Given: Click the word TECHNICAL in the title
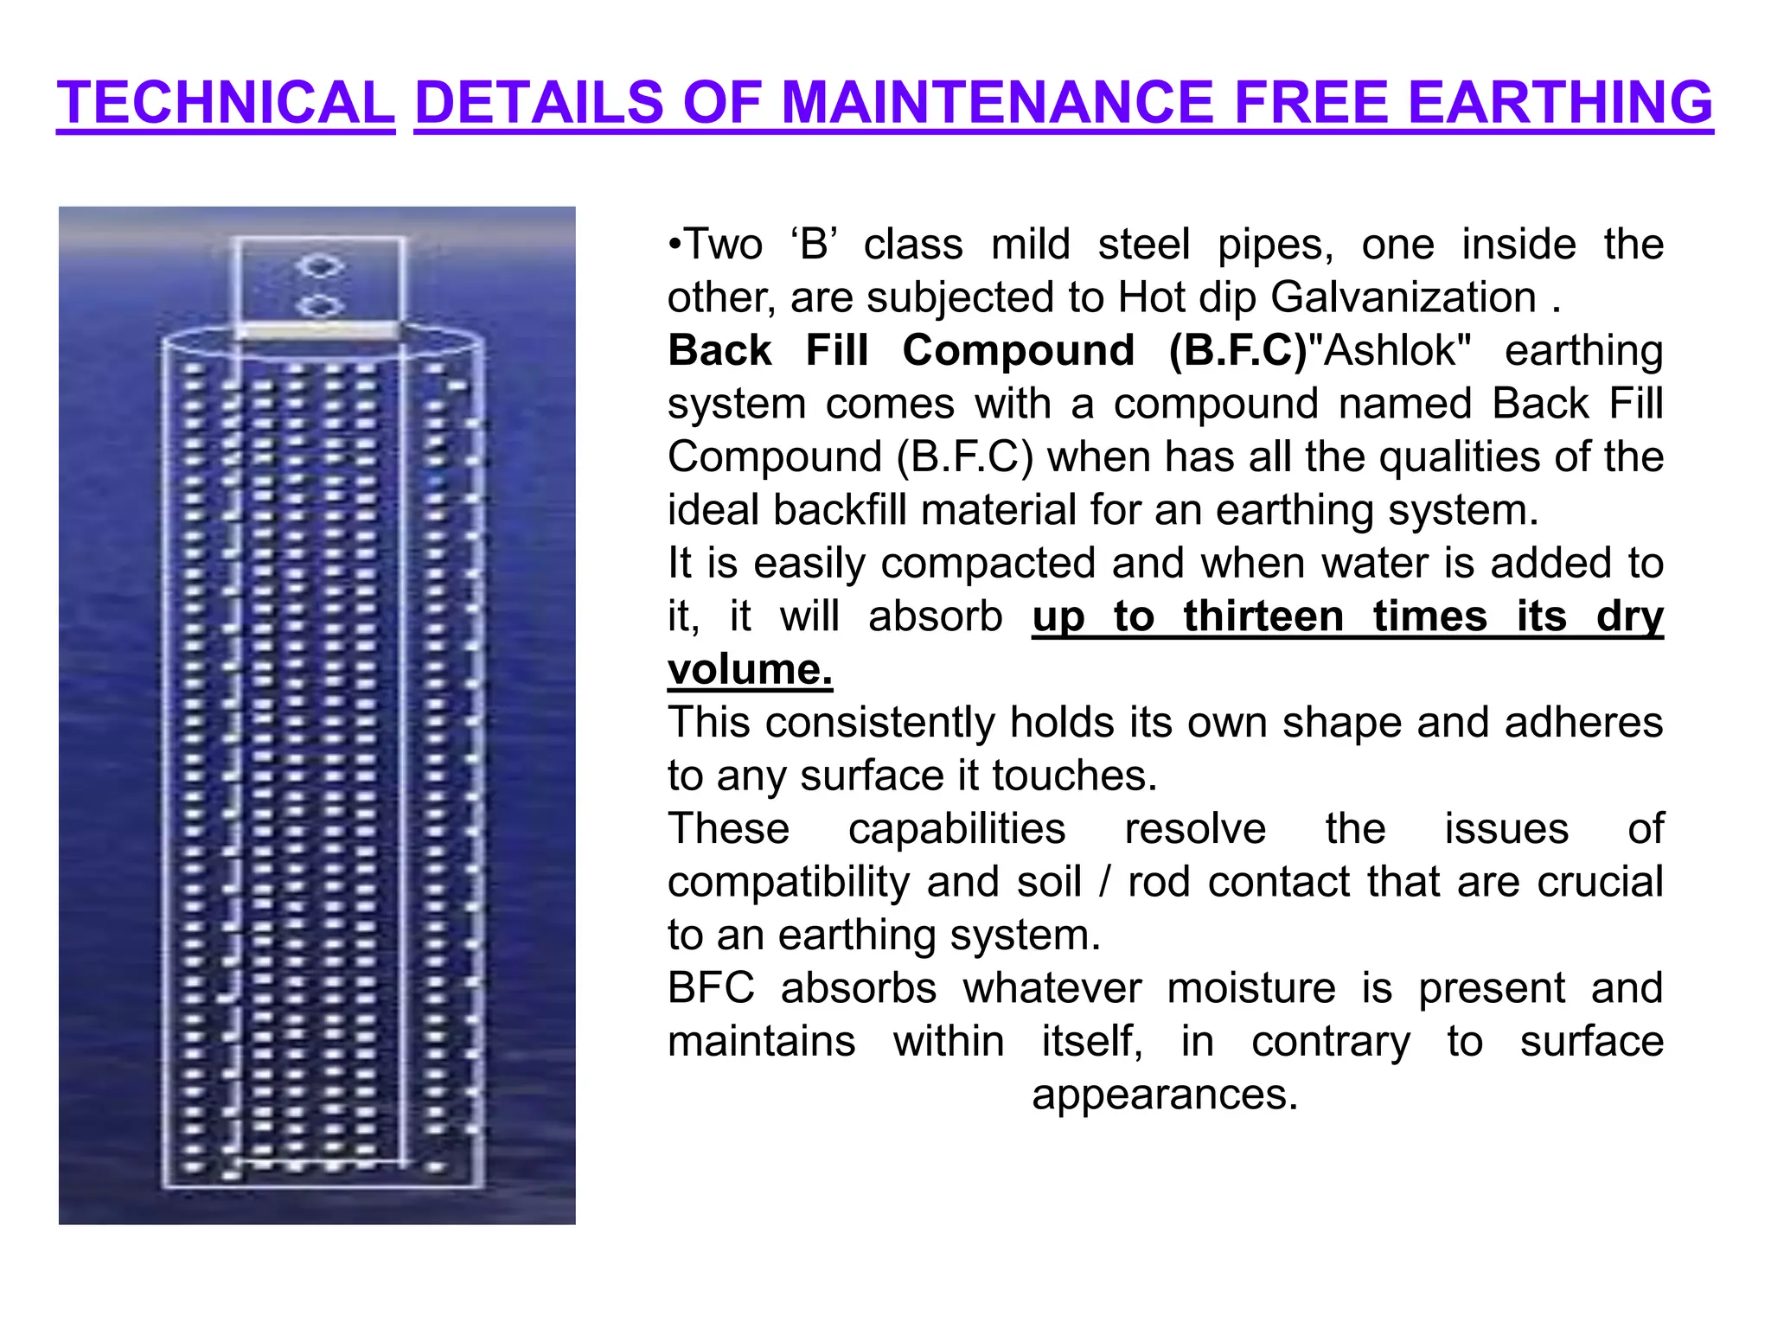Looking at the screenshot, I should click(x=226, y=103).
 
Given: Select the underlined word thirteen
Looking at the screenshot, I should click(x=1263, y=616).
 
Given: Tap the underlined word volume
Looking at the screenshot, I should click(x=750, y=670).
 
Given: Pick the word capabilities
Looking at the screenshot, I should click(x=956, y=829).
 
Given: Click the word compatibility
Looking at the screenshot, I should click(x=788, y=883).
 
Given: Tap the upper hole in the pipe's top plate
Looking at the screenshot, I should click(x=319, y=265).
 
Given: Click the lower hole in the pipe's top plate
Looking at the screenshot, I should click(x=319, y=305).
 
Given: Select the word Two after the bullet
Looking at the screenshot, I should click(x=723, y=245).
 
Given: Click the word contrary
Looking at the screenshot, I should click(x=1331, y=1042).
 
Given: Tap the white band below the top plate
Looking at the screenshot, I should click(x=318, y=331).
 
